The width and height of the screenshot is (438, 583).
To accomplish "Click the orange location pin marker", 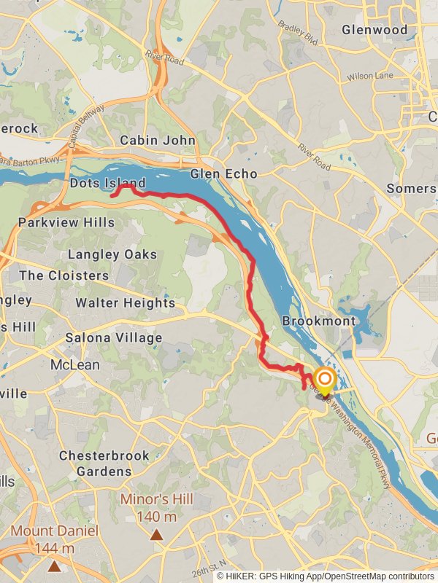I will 323,380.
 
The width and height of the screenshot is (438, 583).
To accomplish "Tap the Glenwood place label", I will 374,30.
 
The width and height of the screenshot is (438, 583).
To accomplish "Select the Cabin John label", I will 158,140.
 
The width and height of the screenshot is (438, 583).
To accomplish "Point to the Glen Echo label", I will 223,174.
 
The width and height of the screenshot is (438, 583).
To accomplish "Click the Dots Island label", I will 107,183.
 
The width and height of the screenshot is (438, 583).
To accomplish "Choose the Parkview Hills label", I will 66,222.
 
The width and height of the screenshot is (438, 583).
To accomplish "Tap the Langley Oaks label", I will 112,254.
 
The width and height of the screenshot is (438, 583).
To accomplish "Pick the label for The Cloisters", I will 64,275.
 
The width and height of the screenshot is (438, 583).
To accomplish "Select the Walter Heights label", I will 126,302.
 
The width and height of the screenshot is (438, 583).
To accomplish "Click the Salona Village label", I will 113,338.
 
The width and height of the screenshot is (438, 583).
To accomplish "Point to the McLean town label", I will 75,364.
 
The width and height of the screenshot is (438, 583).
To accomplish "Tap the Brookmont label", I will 319,321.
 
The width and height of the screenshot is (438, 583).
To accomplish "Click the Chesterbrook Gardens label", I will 104,463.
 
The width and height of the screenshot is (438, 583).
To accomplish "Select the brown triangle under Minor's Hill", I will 156,535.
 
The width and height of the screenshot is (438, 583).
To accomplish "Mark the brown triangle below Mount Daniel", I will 54,566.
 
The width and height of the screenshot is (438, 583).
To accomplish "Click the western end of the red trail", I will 112,195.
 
